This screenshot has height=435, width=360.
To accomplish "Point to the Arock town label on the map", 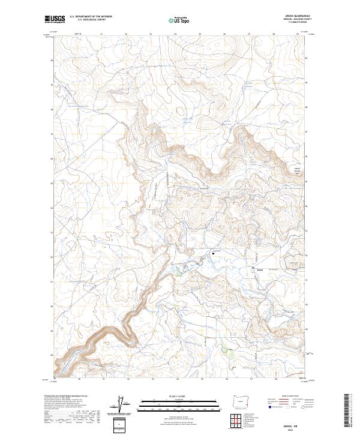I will [259, 269].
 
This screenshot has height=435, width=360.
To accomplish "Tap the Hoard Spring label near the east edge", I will [296, 170].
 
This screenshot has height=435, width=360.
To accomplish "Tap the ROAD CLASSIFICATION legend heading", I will [280, 397].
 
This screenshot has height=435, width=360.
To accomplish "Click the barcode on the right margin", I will [350, 410].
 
